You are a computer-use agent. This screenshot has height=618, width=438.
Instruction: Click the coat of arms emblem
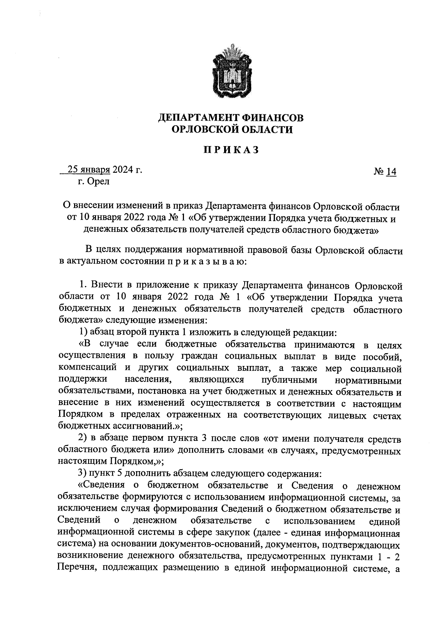pyautogui.click(x=231, y=70)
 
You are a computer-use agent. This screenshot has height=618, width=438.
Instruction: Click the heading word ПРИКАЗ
pyautogui.click(x=231, y=150)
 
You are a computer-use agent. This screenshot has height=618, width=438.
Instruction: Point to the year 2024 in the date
pyautogui.click(x=123, y=170)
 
